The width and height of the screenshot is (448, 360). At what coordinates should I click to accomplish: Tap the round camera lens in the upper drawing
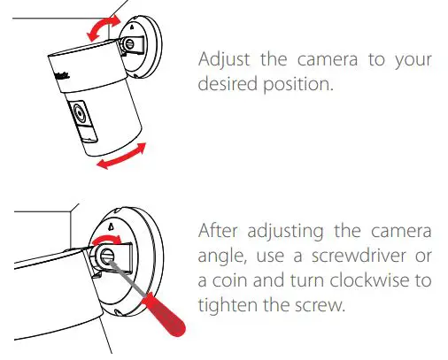click(76, 115)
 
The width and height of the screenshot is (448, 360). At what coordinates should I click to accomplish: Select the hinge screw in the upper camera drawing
click(130, 41)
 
